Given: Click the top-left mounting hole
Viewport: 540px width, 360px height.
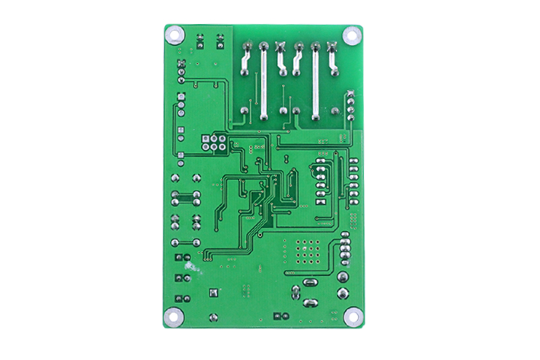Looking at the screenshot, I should coord(174,34).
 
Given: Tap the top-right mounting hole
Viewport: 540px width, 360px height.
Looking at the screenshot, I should coord(351,34).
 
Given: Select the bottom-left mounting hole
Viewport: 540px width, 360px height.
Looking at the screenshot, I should coord(174,317).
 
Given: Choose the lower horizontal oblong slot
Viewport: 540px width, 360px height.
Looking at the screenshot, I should coord(309,303).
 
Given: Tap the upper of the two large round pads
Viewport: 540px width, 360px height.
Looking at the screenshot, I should coord(343,276).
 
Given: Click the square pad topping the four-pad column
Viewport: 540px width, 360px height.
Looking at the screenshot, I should coord(350,93).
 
